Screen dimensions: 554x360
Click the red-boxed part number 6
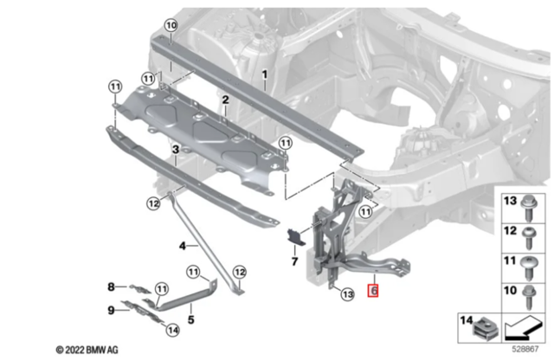373,291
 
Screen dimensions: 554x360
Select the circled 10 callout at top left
171,25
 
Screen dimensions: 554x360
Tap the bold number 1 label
264,74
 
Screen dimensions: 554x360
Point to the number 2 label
225,100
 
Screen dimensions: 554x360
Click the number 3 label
176,150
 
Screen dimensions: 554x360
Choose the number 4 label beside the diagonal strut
183,246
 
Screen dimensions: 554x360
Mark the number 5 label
190,319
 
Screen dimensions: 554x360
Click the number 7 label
294,261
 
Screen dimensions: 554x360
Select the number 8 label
111,286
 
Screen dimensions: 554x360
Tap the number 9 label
111,310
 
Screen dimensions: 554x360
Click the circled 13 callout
348,294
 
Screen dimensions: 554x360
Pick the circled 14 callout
172,330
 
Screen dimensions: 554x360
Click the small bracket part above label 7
294,235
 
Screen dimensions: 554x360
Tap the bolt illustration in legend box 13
529,208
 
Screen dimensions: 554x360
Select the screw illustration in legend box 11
529,267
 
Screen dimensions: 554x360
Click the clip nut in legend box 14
485,330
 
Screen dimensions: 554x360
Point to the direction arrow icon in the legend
522,328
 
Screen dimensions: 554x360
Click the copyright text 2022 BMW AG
87,350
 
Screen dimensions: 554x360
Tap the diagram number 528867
525,349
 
